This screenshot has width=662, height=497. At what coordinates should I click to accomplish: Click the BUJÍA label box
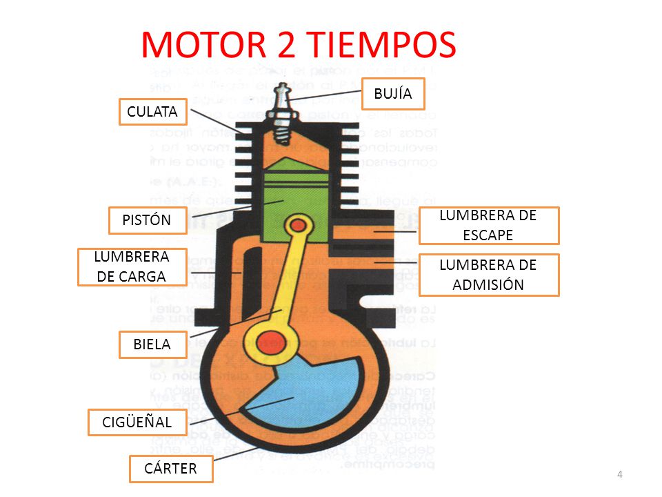pyautogui.click(x=393, y=94)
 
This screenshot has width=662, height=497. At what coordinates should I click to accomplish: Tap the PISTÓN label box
pyautogui.click(x=146, y=220)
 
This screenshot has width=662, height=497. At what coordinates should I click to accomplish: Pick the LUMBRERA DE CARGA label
pyautogui.click(x=132, y=266)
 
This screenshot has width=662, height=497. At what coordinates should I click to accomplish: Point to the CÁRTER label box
pyautogui.click(x=170, y=469)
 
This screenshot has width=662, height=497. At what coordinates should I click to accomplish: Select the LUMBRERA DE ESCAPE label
pyautogui.click(x=488, y=225)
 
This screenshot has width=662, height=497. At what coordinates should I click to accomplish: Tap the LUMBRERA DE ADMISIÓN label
pyautogui.click(x=488, y=275)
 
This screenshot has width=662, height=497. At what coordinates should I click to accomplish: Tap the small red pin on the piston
pyautogui.click(x=299, y=225)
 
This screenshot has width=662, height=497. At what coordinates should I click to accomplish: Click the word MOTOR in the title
pyautogui.click(x=203, y=44)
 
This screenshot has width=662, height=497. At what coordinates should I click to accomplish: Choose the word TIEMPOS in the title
pyautogui.click(x=381, y=44)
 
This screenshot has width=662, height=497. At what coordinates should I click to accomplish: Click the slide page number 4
pyautogui.click(x=620, y=474)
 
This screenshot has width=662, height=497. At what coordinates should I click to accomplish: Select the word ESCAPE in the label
pyautogui.click(x=488, y=235)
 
